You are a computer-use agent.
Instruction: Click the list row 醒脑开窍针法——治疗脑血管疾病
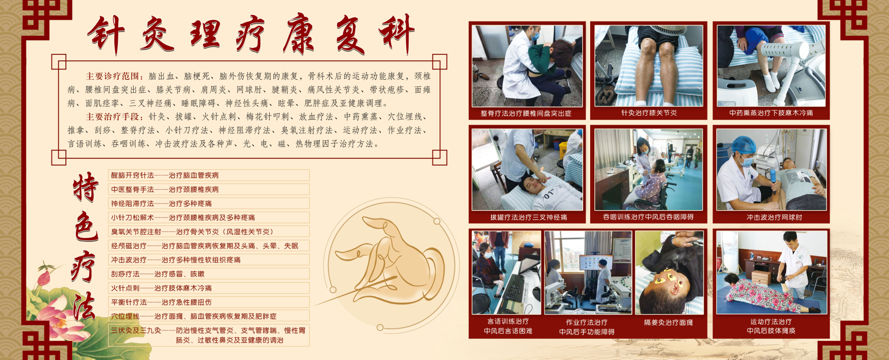click(x=165, y=175)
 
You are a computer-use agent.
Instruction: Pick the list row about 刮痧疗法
click(x=158, y=274)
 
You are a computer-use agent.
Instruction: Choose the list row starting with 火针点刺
click(x=161, y=288)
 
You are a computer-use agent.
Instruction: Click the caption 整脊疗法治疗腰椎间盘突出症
click(x=526, y=113)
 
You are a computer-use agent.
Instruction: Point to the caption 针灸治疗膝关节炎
click(x=649, y=113)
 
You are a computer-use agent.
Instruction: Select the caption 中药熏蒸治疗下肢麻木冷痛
click(x=771, y=113)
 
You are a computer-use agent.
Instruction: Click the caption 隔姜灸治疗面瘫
click(x=669, y=322)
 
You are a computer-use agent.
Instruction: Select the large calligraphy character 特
click(x=86, y=187)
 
